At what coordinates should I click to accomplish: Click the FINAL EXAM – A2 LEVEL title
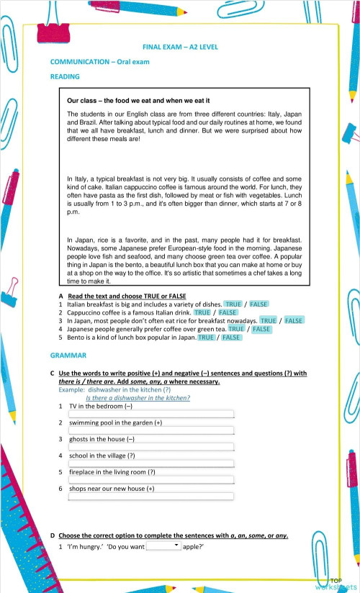click(x=181, y=47)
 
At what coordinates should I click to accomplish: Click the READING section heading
click(x=65, y=76)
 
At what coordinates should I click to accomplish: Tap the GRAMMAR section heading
click(x=68, y=356)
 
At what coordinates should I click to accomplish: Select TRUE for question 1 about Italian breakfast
click(x=233, y=304)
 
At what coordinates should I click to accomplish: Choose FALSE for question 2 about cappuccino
click(x=228, y=312)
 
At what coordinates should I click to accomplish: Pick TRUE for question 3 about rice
click(x=268, y=321)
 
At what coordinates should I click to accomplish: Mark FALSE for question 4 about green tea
click(x=261, y=329)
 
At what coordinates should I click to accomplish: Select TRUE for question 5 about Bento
click(x=206, y=337)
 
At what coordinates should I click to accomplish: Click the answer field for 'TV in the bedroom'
click(x=150, y=414)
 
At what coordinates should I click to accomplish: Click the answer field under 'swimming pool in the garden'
click(x=150, y=430)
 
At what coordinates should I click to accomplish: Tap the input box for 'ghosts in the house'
click(x=150, y=447)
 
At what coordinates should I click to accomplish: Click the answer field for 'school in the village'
click(x=150, y=463)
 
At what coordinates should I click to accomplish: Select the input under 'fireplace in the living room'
click(x=150, y=480)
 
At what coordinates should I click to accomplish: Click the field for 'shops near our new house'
click(x=150, y=497)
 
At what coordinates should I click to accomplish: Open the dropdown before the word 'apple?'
click(x=163, y=547)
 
